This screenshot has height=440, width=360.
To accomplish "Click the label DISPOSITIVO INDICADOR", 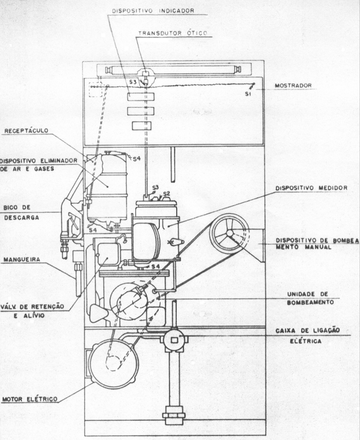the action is [153, 11].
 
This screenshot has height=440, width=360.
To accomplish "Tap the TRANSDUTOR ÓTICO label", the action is [173, 33].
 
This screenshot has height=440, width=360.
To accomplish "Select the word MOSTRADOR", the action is [293, 86].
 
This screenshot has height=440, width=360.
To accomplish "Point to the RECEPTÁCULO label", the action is [26, 131].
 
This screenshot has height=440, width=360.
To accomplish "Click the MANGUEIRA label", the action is [22, 259].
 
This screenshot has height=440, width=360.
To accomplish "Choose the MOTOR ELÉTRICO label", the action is [30, 399].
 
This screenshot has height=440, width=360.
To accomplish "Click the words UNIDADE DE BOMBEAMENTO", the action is [310, 298].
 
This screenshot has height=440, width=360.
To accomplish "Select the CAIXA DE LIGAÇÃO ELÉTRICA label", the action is [308, 336].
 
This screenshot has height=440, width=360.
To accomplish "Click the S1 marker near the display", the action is [247, 94].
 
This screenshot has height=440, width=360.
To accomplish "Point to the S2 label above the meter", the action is [167, 194].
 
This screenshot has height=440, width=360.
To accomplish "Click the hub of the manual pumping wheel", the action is [230, 233].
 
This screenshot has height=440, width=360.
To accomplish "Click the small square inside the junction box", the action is [174, 340].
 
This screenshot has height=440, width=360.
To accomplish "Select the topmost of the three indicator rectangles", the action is [140, 97].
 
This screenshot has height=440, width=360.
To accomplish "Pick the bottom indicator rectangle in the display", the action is [142, 126].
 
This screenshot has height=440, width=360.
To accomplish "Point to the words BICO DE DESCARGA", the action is [21, 212].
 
